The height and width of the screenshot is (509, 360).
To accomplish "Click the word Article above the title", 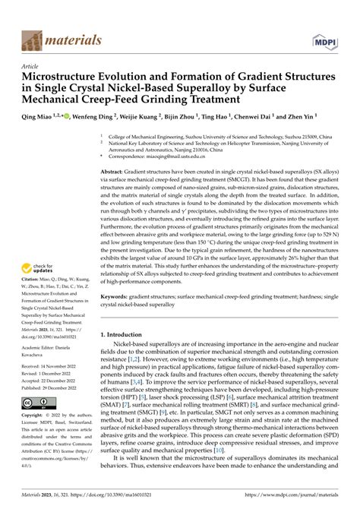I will (31, 67).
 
